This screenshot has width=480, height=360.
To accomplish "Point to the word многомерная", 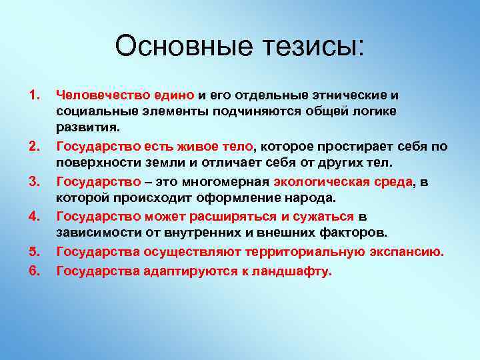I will pos(228,181).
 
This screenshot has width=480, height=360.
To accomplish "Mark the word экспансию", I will pos(406,251).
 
